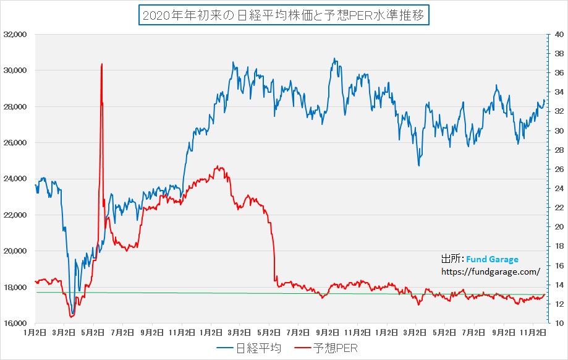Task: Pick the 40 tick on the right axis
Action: coord(557,35)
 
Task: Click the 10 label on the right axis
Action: coord(557,323)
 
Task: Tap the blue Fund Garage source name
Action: coord(492,260)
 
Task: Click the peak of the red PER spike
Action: coord(101,64)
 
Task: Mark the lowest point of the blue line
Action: coord(73,314)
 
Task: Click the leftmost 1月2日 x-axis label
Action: coord(35,332)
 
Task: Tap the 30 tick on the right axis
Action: coord(557,131)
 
